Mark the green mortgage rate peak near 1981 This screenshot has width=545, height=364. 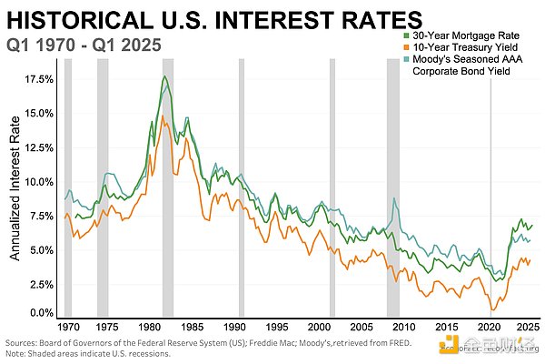(165, 76)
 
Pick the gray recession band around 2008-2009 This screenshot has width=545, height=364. (392, 182)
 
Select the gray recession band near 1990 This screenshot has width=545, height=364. (241, 182)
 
